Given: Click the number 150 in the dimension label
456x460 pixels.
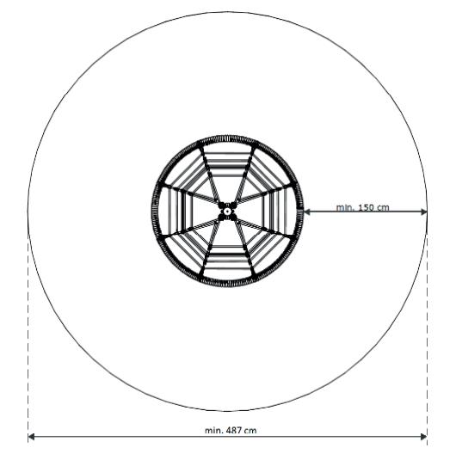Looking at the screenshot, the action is (362, 207).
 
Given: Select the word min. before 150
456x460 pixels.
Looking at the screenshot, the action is (342, 207).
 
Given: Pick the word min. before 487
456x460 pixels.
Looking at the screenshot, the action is (214, 431).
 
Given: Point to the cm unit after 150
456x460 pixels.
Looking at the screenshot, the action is (383, 208).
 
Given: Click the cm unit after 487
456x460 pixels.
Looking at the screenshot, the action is (250, 431).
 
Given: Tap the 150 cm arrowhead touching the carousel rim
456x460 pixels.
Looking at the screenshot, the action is (306, 212).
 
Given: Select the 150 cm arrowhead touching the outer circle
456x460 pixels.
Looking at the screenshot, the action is (423, 212).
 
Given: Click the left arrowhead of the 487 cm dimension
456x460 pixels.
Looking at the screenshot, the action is (31, 437).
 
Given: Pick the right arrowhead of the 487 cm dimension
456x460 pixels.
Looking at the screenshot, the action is (423, 437).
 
